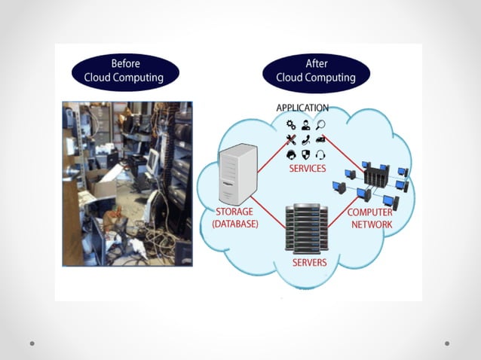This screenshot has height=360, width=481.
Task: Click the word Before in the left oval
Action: point(125,63)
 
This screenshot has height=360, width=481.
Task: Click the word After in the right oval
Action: point(317,63)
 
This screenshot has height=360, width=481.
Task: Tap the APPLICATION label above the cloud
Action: point(302,108)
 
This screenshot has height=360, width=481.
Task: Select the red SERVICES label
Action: point(308,169)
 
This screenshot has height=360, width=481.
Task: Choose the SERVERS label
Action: point(309,262)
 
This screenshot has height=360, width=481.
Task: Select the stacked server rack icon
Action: point(306,227)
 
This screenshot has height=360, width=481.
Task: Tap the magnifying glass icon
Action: point(320,124)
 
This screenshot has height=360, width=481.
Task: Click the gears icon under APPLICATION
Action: point(291,124)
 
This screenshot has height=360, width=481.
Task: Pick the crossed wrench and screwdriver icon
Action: point(291,139)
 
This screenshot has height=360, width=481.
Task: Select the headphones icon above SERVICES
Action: point(320,155)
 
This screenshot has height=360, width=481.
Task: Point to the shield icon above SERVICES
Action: point(305,155)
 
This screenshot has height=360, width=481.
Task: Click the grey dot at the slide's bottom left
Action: point(32,343)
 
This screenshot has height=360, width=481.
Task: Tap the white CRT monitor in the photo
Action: point(153,160)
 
